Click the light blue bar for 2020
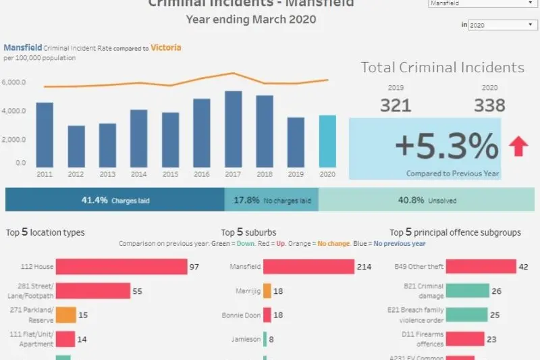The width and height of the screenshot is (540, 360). (327, 141)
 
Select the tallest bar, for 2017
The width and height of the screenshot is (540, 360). (233, 129)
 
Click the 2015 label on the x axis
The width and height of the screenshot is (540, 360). (170, 174)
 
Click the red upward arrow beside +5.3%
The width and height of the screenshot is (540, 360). (518, 146)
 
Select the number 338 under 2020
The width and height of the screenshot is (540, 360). (489, 105)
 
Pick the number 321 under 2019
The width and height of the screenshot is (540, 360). (396, 105)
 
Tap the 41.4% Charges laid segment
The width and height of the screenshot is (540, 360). (115, 200)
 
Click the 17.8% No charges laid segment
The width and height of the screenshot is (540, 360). (271, 200)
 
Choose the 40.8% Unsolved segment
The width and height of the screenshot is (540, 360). (429, 200)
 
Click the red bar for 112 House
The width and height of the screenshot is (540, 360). (121, 267)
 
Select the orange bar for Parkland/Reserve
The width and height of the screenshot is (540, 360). (65, 315)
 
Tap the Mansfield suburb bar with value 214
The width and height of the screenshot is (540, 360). (308, 267)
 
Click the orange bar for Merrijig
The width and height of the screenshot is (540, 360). (267, 290)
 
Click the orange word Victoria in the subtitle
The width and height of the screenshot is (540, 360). (165, 48)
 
